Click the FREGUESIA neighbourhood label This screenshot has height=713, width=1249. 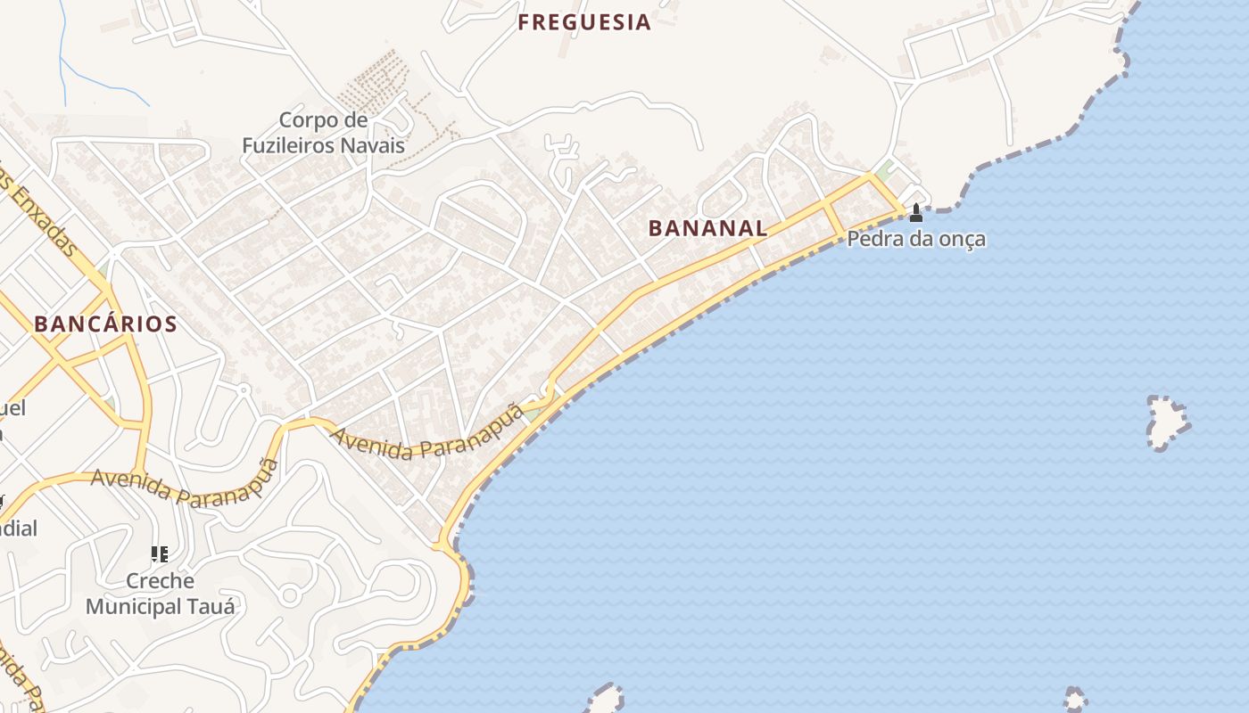pos(584,23)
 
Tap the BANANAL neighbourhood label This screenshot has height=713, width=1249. pos(707,228)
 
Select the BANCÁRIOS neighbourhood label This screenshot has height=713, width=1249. pos(105,324)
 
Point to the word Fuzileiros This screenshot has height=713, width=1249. pos(299,145)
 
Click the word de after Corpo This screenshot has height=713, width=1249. pos(355,120)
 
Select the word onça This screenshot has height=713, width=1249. pos(961,240)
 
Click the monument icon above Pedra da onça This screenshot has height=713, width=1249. pos(915,213)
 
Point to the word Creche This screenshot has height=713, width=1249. pos(160,581)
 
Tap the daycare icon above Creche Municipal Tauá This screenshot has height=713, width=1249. pos(160,555)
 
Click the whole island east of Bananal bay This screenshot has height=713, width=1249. pos(1167,422)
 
